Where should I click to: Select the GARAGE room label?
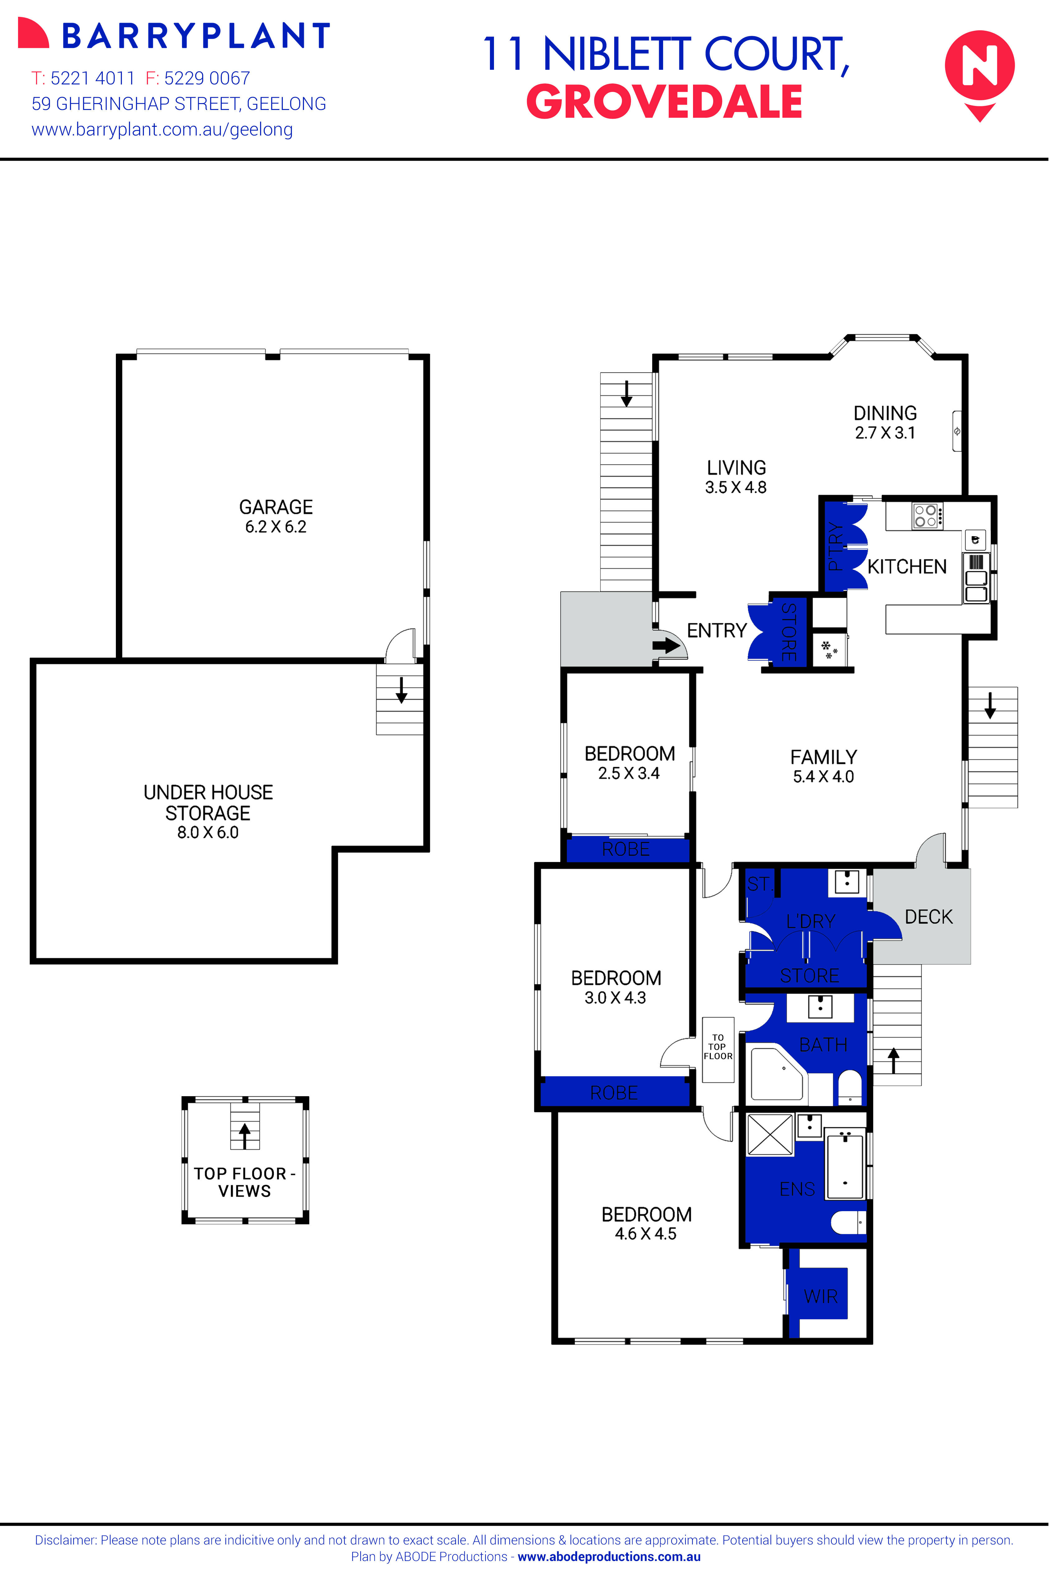point(276,507)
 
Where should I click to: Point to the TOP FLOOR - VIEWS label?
point(244,1182)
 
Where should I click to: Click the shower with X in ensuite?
point(769,1134)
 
